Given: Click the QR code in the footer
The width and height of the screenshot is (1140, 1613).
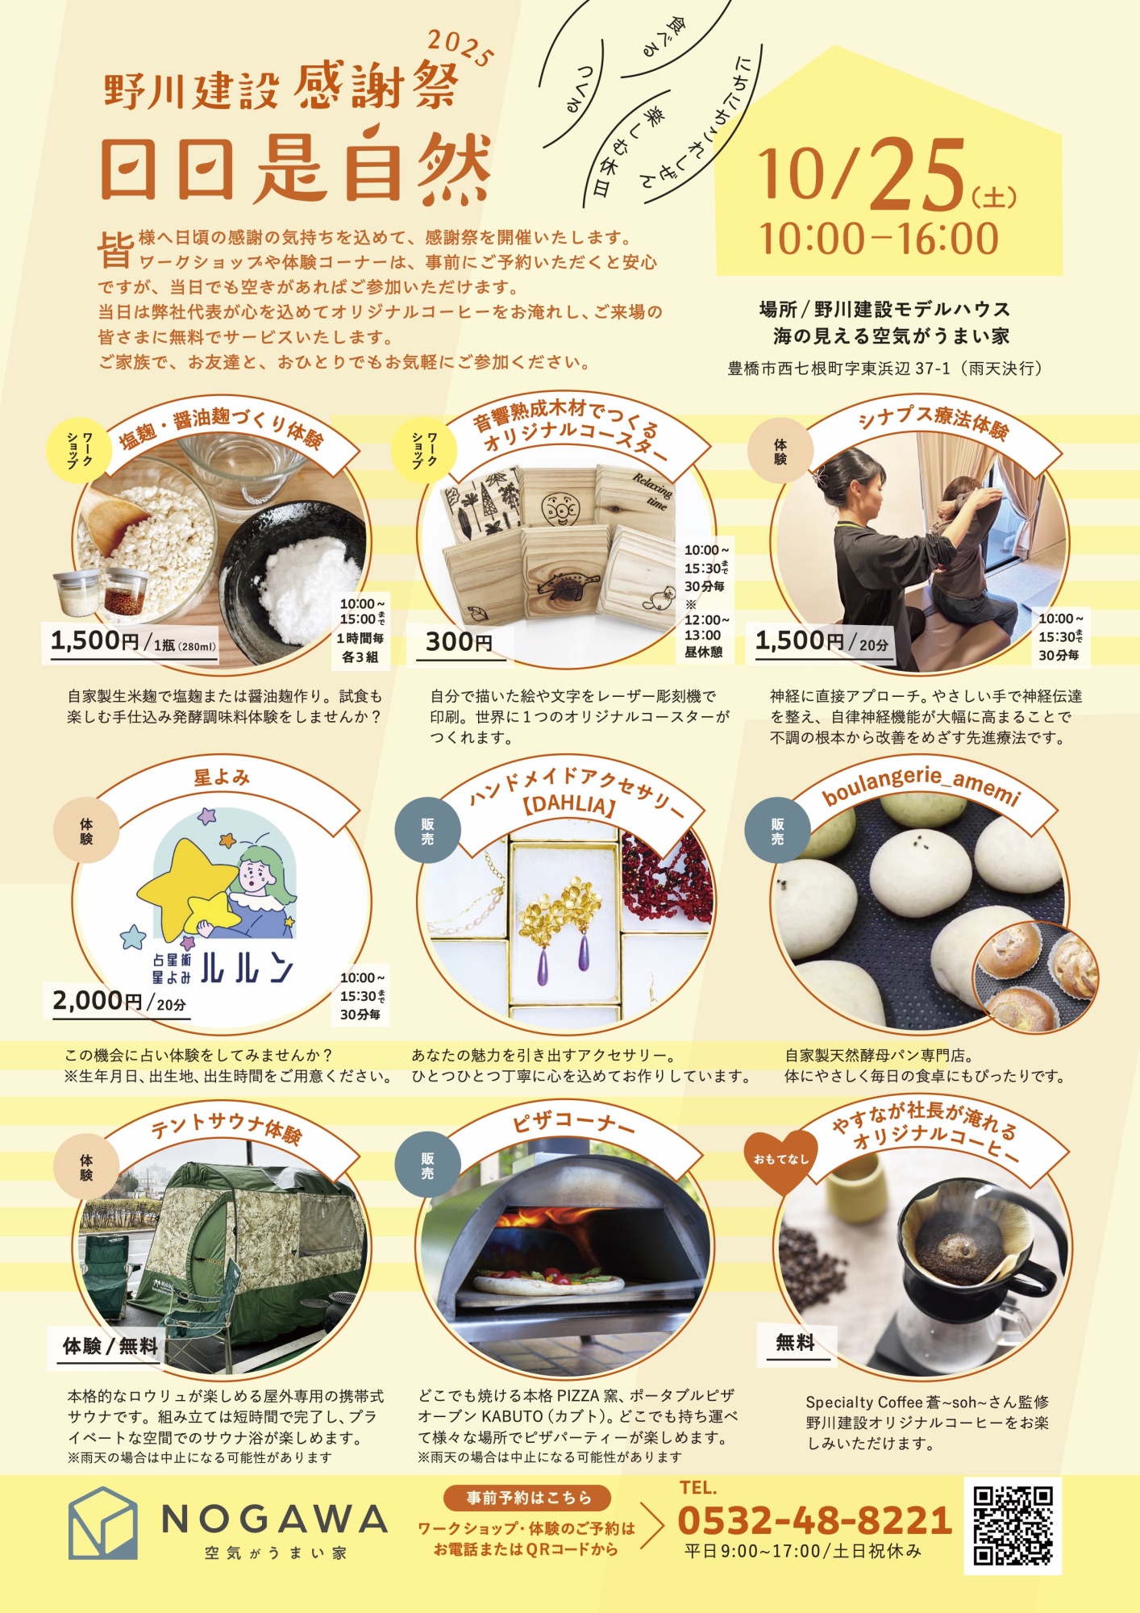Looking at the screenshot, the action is (x=1013, y=1526).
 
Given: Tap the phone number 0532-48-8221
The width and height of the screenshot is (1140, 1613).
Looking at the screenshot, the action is (x=815, y=1520).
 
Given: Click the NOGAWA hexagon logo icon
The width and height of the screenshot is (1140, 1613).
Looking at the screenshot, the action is (x=102, y=1523).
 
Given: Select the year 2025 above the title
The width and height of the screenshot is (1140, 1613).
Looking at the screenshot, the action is (x=460, y=48).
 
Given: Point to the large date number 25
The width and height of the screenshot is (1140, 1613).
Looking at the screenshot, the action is (x=917, y=174).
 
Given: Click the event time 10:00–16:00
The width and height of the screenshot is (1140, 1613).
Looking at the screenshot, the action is (x=879, y=239).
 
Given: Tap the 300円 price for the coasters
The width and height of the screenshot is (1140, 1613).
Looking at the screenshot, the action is (x=459, y=641).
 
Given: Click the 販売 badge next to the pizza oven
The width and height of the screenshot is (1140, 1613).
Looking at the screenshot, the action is (x=427, y=1166).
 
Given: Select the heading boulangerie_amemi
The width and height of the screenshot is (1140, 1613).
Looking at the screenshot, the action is (x=922, y=784).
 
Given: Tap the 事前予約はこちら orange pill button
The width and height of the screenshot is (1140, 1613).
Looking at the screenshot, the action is (x=527, y=1498).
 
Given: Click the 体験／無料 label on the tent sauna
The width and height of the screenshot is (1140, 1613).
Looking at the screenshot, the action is (x=110, y=1345).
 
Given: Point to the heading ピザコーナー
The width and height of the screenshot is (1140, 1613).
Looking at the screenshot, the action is (x=573, y=1122).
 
